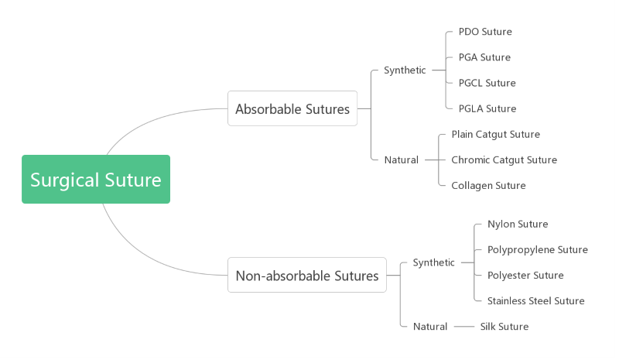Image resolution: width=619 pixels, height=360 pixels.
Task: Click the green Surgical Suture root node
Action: [95, 180]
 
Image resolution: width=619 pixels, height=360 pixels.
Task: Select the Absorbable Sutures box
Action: [292, 109]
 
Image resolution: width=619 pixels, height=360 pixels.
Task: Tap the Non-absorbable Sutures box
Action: [307, 276]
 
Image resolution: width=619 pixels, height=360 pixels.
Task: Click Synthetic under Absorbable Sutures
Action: [405, 70]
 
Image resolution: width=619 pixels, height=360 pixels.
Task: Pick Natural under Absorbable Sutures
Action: [401, 160]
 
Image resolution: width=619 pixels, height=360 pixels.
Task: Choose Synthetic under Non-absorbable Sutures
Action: [433, 262]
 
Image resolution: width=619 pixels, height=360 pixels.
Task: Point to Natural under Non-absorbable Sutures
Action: [430, 327]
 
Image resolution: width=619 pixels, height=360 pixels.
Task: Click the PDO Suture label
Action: [485, 32]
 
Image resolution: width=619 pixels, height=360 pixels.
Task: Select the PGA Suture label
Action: [484, 57]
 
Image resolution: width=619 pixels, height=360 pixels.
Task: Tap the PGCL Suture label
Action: [487, 83]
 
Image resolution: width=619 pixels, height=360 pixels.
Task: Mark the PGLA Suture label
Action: [487, 108]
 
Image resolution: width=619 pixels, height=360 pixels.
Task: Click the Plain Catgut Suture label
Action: [495, 134]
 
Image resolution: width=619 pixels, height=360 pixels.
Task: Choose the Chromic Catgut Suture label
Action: [504, 160]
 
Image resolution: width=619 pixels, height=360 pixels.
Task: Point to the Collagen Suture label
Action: [488, 186]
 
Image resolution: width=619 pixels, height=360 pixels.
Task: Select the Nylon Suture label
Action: [518, 225]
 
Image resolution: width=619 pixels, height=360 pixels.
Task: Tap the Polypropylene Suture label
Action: [537, 250]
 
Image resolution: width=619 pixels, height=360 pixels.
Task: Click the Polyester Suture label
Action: [525, 276]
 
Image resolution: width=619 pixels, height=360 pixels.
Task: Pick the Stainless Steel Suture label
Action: [535, 301]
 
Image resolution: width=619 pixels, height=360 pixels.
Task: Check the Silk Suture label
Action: [504, 327]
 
